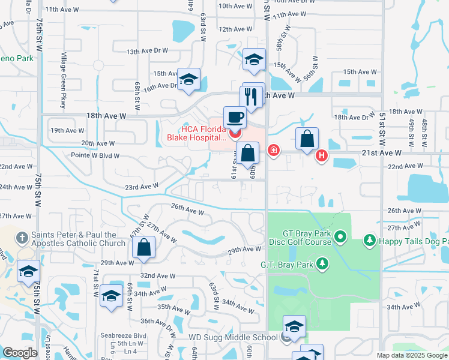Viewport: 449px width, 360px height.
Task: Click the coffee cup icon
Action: [x=235, y=116]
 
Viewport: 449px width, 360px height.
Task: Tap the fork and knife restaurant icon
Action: [x=251, y=96]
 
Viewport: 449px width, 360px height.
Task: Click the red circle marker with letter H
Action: [x=322, y=155]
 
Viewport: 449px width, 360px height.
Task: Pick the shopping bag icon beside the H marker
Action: [x=307, y=139]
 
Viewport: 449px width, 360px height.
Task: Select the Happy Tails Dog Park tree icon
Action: [x=369, y=241]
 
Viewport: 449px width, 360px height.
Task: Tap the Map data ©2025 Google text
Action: [x=411, y=355]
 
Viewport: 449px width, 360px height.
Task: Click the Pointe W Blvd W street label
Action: [x=96, y=155]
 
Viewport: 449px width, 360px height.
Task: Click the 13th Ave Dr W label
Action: [x=148, y=52]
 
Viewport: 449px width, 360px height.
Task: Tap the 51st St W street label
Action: [x=382, y=124]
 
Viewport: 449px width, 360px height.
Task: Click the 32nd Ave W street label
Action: [x=158, y=276]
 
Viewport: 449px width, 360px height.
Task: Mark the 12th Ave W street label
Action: [x=235, y=29]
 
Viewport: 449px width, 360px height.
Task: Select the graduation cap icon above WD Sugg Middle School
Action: [x=294, y=326]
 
